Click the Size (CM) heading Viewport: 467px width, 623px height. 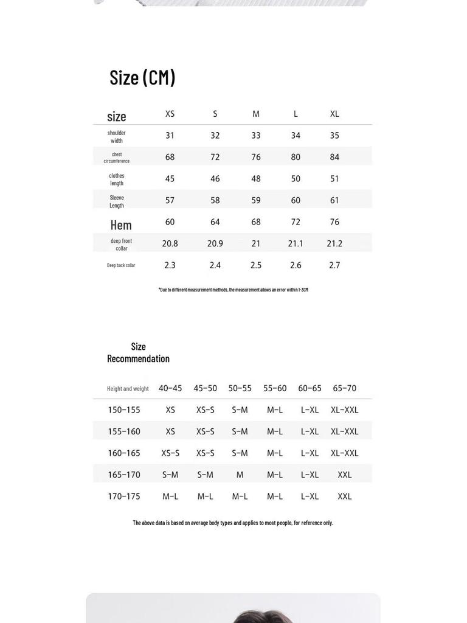click(x=142, y=77)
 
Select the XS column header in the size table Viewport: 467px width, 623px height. click(x=170, y=114)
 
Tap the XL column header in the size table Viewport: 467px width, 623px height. click(x=334, y=114)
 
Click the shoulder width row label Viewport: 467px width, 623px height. click(x=117, y=136)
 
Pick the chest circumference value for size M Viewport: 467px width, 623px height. click(x=256, y=157)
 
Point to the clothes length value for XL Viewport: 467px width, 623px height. click(x=334, y=179)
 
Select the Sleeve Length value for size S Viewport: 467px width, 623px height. click(x=215, y=200)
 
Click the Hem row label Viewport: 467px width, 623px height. click(x=121, y=225)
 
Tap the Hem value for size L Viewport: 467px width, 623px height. click(x=296, y=222)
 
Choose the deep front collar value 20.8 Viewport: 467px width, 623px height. click(x=170, y=243)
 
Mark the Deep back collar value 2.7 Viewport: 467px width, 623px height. click(x=334, y=265)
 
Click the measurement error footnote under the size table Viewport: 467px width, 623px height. click(x=233, y=290)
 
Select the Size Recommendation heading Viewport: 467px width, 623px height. click(x=138, y=352)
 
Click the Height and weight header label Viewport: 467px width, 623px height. click(x=128, y=389)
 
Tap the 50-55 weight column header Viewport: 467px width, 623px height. click(x=240, y=388)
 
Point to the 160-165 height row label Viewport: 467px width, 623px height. click(x=124, y=453)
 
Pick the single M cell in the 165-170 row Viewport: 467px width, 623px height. click(x=240, y=475)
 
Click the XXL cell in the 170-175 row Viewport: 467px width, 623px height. click(x=344, y=496)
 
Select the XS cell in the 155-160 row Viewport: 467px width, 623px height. click(x=170, y=431)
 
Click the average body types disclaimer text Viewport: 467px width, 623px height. click(x=233, y=523)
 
